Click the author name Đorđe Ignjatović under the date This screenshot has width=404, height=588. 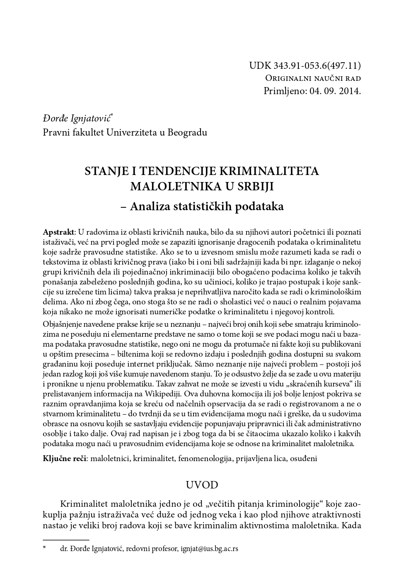77,119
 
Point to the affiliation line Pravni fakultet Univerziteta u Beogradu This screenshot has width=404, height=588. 125,132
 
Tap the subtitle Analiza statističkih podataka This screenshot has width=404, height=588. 207,206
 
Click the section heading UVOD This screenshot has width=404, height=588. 202,485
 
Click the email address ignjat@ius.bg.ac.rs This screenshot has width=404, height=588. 209,549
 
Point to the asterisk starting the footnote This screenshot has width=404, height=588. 45,548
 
